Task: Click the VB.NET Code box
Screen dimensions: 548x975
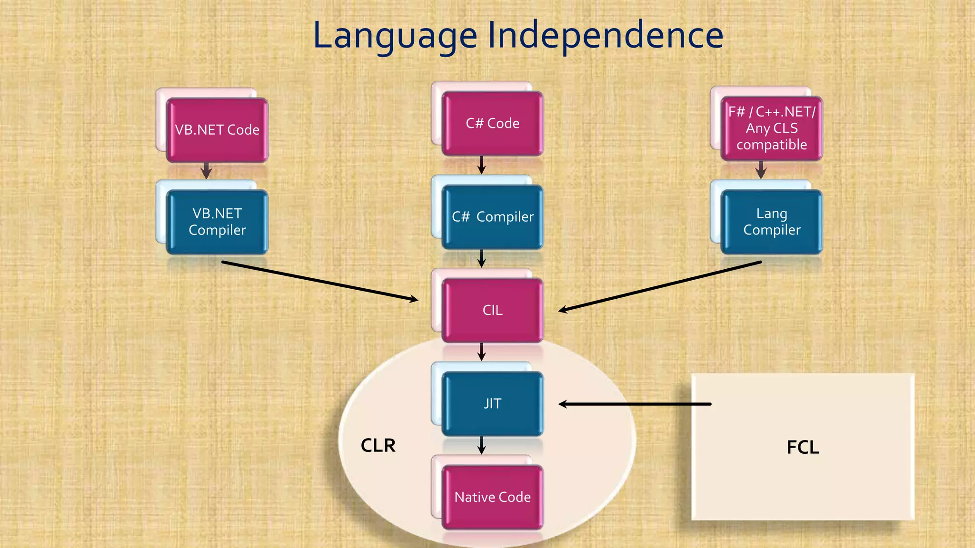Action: point(217,130)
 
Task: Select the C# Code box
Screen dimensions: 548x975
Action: point(492,123)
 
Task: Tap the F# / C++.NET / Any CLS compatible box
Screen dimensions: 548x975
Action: point(771,128)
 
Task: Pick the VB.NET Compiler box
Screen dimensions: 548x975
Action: point(217,222)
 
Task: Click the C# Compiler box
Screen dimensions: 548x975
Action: point(492,217)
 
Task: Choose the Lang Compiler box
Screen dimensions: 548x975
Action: point(771,222)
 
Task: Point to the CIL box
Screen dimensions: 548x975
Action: point(492,310)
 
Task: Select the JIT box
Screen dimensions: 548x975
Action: point(492,403)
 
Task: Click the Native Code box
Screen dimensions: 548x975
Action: point(492,497)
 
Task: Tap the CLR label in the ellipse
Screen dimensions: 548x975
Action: point(378,446)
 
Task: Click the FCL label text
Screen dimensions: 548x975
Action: point(803,448)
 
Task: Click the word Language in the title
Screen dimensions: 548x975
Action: point(395,36)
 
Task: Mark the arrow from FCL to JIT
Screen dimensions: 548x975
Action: point(634,404)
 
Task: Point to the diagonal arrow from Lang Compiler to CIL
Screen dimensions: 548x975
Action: point(660,286)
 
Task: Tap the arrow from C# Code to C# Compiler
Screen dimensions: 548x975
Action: point(481,165)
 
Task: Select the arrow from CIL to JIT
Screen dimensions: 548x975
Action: point(481,352)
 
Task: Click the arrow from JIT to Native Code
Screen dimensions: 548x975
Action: point(481,445)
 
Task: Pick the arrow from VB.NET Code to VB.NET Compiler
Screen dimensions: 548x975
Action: point(206,170)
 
